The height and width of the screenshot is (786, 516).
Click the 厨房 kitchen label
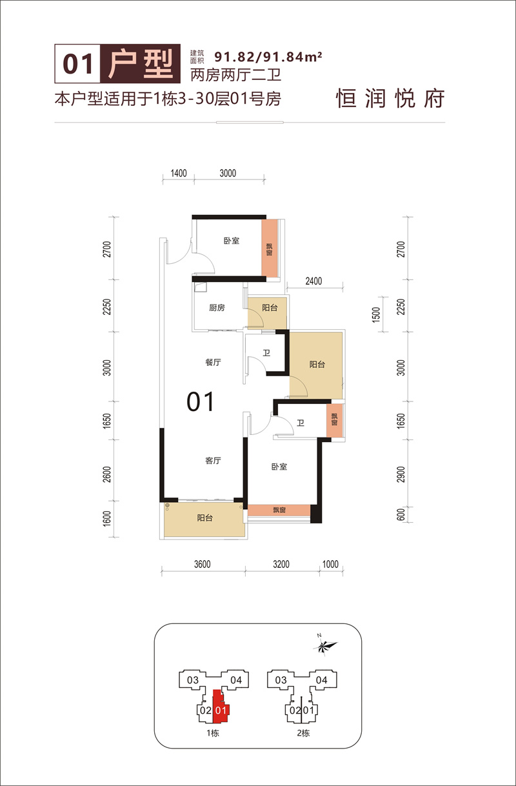coord(217,308)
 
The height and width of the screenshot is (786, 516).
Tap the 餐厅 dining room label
coord(213,363)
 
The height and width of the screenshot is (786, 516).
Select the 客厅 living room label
coord(213,460)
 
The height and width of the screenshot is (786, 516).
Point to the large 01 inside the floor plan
coord(200,402)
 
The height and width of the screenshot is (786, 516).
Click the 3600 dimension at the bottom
coord(203,564)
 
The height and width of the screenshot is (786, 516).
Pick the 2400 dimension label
coord(313,281)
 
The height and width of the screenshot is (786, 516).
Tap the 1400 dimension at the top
coord(179,174)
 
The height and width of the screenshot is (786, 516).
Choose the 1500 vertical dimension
coord(376,314)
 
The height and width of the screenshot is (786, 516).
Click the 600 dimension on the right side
coord(401,514)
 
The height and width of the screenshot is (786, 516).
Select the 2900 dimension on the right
coord(401,474)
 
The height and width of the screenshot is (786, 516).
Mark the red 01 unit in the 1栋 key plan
coord(221,710)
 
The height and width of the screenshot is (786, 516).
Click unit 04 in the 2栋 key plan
coord(321,680)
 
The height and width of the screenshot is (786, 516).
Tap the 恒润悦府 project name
coord(390,99)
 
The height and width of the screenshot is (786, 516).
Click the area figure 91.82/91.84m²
coord(268,57)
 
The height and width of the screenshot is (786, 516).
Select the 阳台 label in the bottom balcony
coord(205,518)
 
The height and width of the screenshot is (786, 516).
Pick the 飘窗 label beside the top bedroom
coord(269,249)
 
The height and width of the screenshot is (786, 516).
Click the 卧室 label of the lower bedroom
coord(279,467)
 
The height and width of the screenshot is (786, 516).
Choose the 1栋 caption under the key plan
coord(213,733)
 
